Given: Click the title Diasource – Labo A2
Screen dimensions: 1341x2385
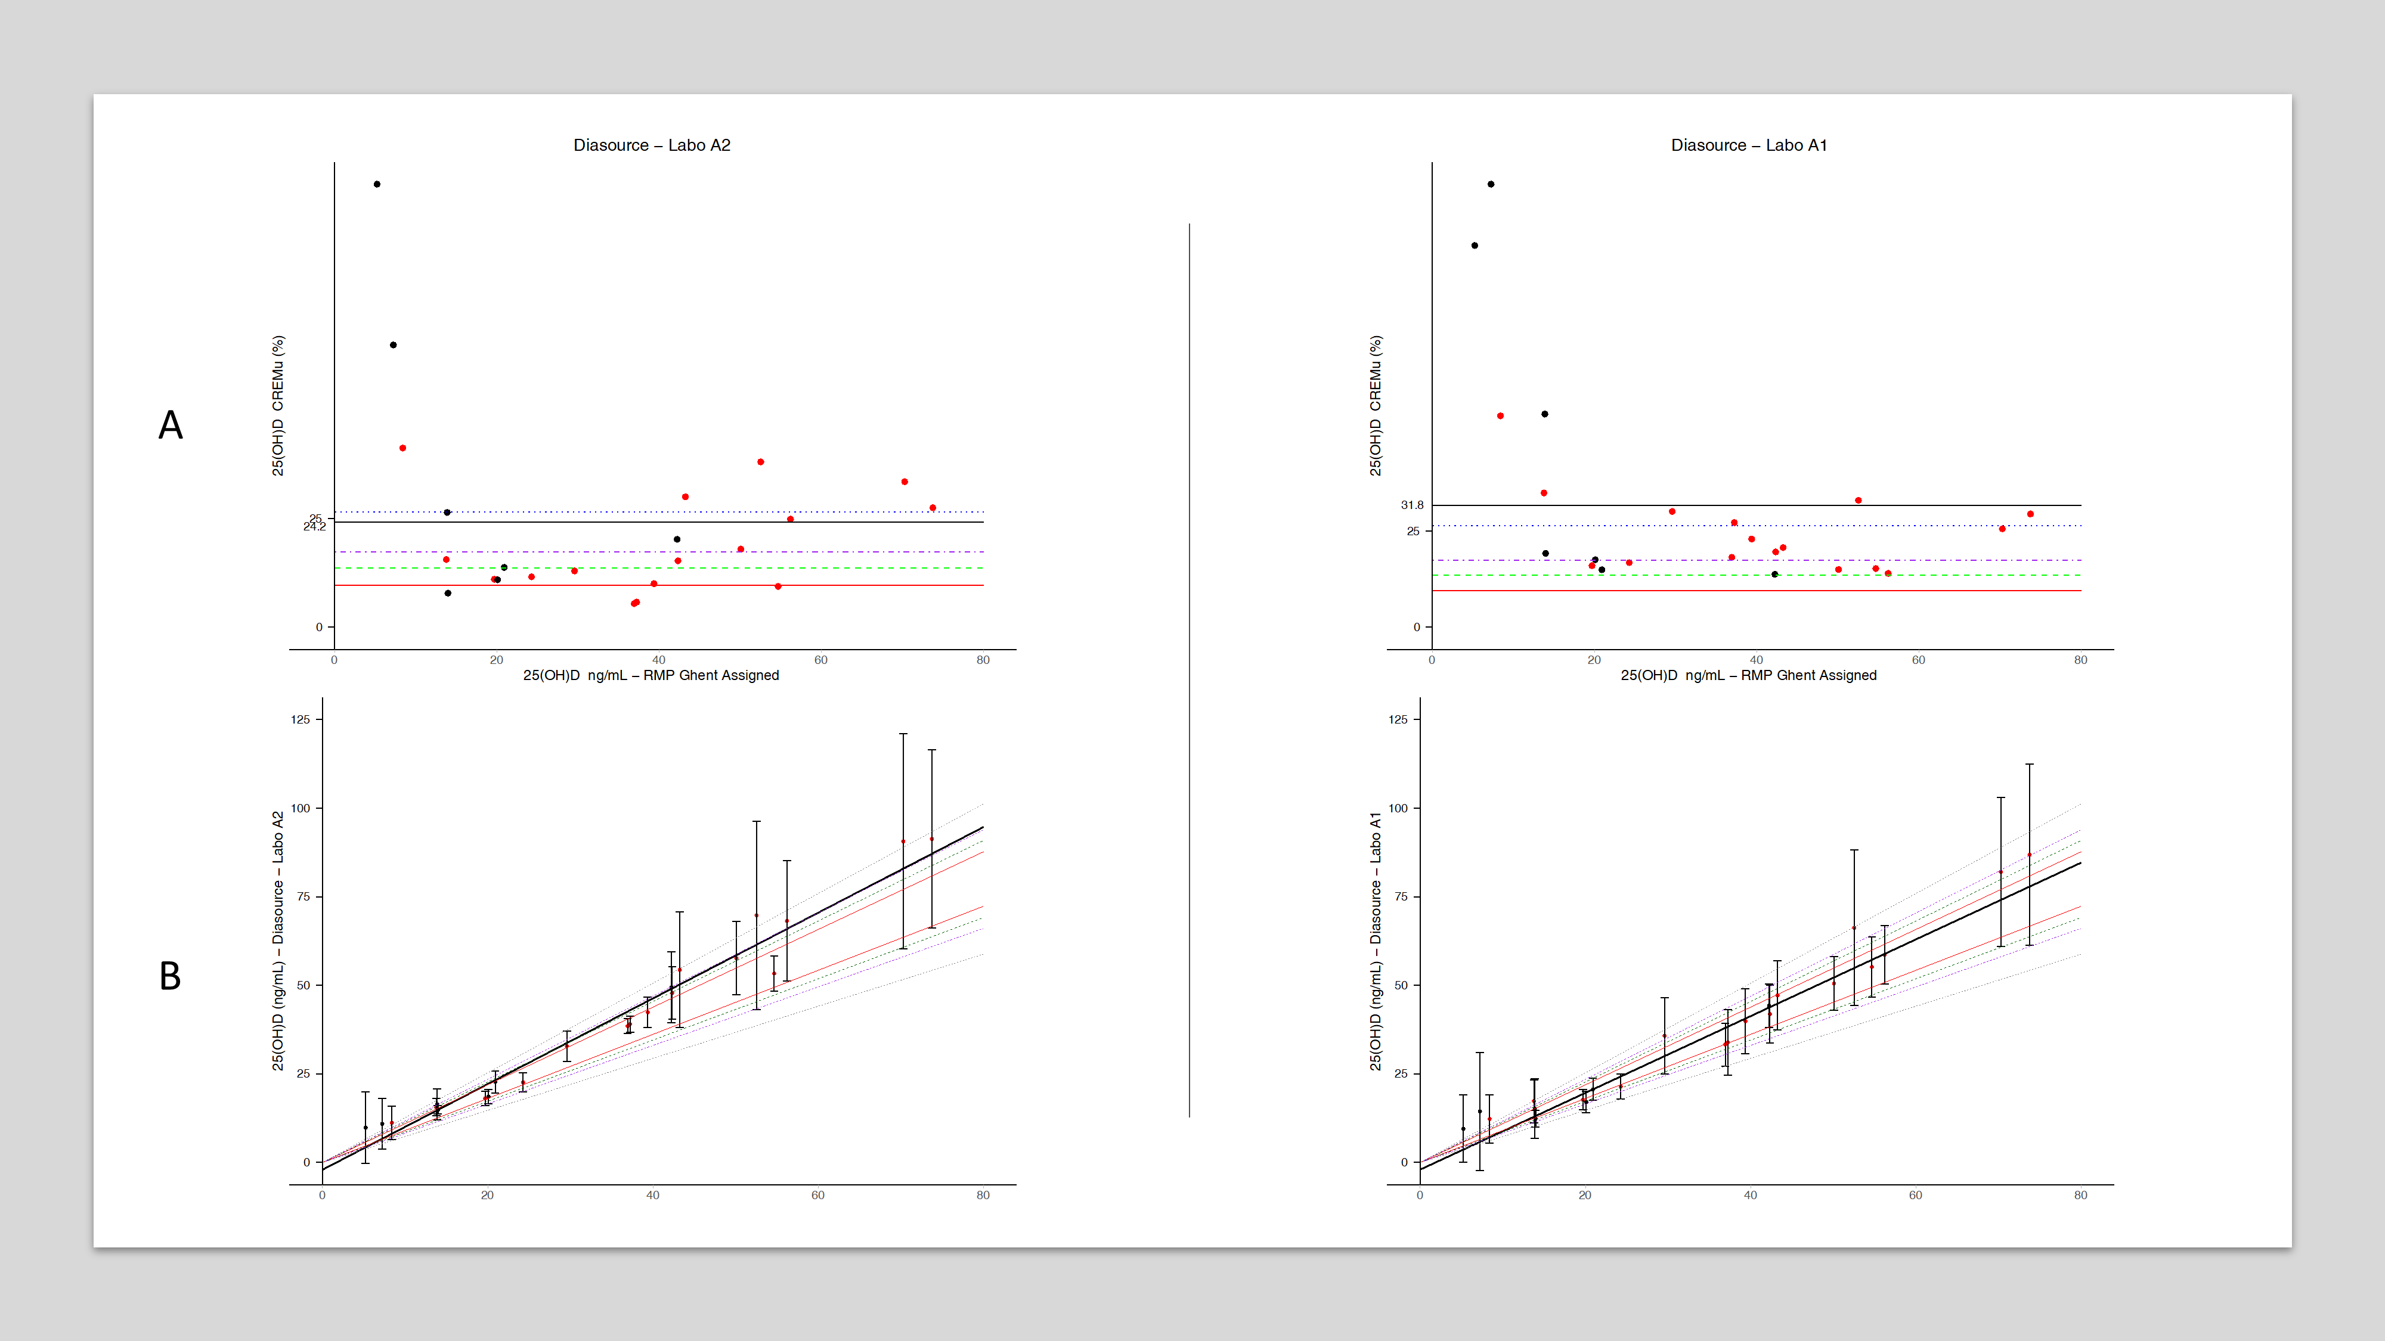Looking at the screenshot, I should point(652,145).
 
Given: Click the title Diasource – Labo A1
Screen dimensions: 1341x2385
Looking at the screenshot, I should point(1748,145).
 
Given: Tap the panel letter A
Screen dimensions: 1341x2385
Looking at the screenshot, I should point(171,426).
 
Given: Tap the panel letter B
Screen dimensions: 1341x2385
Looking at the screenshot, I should point(171,976).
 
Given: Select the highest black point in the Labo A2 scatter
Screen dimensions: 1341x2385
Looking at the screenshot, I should point(377,184).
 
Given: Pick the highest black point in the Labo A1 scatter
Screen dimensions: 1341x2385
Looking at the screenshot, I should point(1491,184).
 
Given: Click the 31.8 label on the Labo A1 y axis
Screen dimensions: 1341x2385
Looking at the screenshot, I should point(1412,505).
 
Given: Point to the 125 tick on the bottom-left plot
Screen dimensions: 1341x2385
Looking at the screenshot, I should point(301,719).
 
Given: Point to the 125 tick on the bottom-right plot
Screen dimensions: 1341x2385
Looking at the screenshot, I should point(1398,719).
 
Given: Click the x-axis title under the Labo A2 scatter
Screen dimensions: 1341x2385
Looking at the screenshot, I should point(651,676).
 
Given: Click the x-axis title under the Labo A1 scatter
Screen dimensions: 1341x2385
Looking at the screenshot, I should point(1748,676).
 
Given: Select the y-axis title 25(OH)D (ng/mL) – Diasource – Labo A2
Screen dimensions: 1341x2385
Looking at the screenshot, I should point(278,941).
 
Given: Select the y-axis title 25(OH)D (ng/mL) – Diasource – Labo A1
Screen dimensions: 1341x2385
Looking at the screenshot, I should point(1375,941).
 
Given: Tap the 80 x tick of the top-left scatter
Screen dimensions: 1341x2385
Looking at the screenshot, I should point(983,660).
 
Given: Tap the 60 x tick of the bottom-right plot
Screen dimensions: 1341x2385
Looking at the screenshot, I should point(1916,1195).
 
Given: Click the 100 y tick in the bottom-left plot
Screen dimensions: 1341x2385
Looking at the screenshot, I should point(301,808).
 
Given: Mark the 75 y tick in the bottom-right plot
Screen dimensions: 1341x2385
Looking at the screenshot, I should point(1401,897).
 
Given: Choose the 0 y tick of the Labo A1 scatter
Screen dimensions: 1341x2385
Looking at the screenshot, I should point(1417,628).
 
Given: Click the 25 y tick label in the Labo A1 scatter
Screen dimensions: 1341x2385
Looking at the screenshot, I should point(1413,531).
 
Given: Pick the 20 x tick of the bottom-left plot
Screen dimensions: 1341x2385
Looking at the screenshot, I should point(487,1195).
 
